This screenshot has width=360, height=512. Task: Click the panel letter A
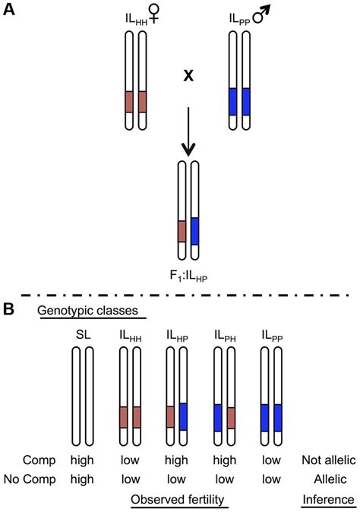[9, 10]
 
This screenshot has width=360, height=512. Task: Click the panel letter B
[8, 309]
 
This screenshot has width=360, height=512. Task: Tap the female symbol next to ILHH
[153, 15]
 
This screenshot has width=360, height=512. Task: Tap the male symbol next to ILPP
[262, 15]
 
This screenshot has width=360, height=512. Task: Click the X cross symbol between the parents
[188, 76]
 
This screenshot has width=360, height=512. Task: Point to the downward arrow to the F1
[188, 131]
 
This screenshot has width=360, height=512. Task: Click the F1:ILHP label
[188, 277]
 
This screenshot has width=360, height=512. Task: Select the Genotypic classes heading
[88, 310]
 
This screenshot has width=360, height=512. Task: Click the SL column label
[83, 335]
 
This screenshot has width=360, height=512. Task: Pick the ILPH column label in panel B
[225, 336]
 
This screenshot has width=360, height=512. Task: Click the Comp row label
[39, 460]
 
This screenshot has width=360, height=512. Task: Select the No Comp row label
[30, 479]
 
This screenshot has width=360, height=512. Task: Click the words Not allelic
[329, 460]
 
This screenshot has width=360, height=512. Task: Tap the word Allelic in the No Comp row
[330, 479]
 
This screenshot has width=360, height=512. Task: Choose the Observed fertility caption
[178, 500]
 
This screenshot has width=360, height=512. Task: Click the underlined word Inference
[328, 500]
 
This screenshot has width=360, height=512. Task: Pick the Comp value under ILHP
[176, 460]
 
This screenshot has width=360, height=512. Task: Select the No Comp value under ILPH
[225, 479]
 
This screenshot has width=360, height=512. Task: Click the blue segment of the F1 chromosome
[194, 231]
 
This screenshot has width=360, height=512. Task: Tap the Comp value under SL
[82, 460]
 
